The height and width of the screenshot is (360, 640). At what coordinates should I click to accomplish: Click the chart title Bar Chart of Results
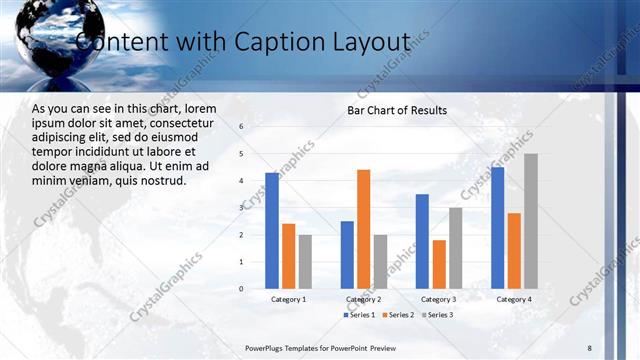pyautogui.click(x=397, y=110)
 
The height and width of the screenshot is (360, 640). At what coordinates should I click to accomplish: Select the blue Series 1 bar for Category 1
pyautogui.click(x=272, y=230)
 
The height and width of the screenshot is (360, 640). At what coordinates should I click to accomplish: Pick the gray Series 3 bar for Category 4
pyautogui.click(x=530, y=220)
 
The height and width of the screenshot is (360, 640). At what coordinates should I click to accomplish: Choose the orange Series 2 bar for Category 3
pyautogui.click(x=439, y=264)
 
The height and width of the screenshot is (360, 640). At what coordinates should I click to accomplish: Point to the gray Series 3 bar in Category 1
pyautogui.click(x=305, y=261)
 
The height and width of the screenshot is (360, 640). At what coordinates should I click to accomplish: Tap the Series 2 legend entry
pyautogui.click(x=397, y=315)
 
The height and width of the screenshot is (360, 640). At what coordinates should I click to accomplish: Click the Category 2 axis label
pyautogui.click(x=363, y=299)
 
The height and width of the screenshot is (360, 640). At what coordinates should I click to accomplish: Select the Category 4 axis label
pyautogui.click(x=514, y=299)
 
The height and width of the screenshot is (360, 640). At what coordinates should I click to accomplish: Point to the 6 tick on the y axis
pyautogui.click(x=241, y=126)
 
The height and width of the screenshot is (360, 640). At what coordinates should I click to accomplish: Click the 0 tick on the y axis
pyautogui.click(x=241, y=288)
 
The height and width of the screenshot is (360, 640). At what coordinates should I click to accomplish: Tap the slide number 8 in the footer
pyautogui.click(x=589, y=347)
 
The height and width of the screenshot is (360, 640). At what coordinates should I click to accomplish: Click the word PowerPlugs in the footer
pyautogui.click(x=267, y=347)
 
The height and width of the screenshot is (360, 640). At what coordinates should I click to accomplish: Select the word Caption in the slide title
pyautogui.click(x=271, y=42)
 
